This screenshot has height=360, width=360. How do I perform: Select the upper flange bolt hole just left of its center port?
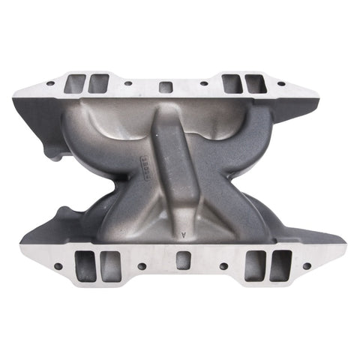tap(129, 83)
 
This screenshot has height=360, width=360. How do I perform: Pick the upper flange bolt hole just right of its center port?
tap(201, 83)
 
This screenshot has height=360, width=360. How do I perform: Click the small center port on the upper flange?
tap(166, 85)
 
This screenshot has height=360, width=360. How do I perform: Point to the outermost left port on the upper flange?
tap(76, 82)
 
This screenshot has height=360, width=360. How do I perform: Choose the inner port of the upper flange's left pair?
tap(98, 83)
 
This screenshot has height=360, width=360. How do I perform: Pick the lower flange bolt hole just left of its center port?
tap(142, 266)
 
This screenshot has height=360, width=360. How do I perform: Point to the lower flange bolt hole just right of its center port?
tap(223, 266)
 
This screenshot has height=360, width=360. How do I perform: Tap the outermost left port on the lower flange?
tap(85, 266)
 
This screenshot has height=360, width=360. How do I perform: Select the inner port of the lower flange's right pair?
tap(255, 265)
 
